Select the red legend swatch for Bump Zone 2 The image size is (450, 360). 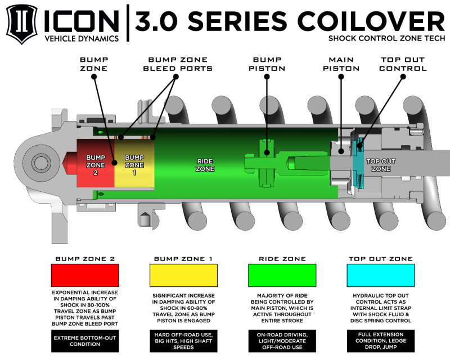coord(85,276)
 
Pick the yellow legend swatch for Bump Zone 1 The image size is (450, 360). coord(183,276)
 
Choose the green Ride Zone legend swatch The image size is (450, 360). coord(282,276)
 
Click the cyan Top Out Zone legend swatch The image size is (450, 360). coord(380,276)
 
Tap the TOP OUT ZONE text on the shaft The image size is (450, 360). coord(381,165)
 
